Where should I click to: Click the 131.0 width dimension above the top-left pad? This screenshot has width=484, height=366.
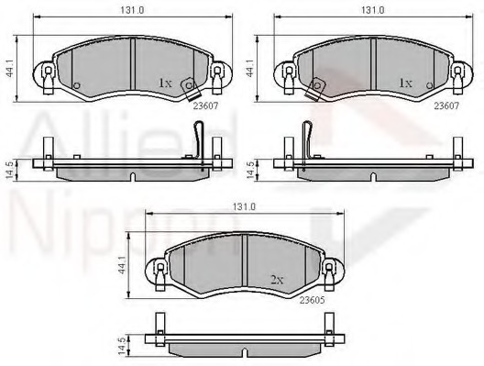pyautogui.click(x=131, y=11)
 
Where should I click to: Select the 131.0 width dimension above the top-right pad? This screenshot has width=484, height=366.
pyautogui.click(x=370, y=11)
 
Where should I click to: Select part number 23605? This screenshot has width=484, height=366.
pyautogui.click(x=313, y=300)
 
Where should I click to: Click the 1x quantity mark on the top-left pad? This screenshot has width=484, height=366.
pyautogui.click(x=165, y=83)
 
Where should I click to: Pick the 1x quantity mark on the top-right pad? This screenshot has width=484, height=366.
pyautogui.click(x=404, y=83)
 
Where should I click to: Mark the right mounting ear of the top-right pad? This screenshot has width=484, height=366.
pyautogui.click(x=455, y=72)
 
